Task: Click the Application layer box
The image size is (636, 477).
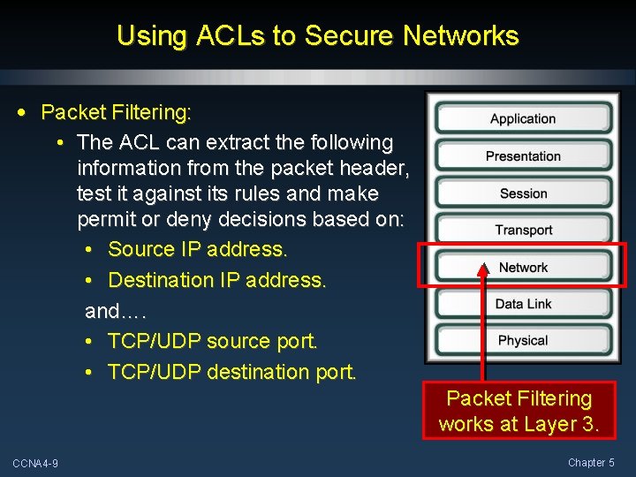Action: (x=523, y=118)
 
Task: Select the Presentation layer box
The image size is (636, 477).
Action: (x=523, y=156)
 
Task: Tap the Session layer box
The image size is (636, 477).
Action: (x=523, y=193)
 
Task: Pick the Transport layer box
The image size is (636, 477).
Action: (x=523, y=231)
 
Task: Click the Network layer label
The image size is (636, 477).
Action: (x=523, y=268)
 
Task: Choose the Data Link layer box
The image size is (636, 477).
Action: (x=523, y=304)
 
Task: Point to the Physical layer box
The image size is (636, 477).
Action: (x=523, y=341)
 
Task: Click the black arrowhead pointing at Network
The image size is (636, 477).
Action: (x=483, y=269)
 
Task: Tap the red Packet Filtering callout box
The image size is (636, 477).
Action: (x=519, y=411)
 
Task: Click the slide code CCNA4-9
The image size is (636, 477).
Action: (x=35, y=464)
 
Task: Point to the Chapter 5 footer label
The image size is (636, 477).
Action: (x=591, y=463)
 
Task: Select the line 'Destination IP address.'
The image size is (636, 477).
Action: (x=217, y=280)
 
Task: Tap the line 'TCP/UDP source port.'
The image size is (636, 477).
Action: (x=212, y=341)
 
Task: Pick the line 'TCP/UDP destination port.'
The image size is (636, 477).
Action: (x=231, y=372)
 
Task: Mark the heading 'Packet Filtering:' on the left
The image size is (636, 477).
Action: (x=116, y=112)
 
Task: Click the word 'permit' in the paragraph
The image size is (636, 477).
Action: (x=106, y=218)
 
